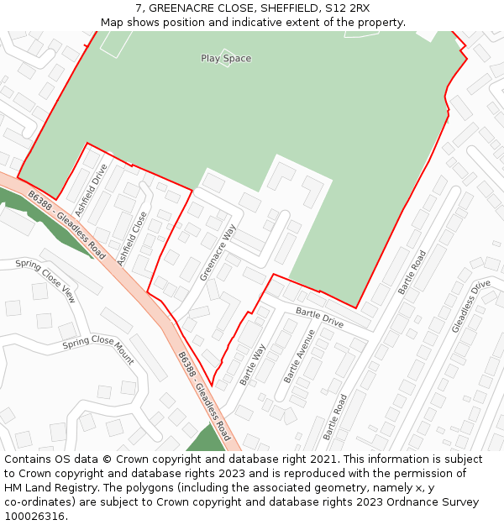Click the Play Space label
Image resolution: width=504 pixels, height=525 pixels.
tap(226, 59)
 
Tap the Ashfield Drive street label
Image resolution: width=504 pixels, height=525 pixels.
tap(91, 190)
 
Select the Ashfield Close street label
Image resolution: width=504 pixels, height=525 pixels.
tap(133, 239)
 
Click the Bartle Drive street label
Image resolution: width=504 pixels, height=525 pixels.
tap(319, 318)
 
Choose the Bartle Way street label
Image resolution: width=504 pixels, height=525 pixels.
tap(253, 365)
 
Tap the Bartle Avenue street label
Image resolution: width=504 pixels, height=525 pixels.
tap(300, 356)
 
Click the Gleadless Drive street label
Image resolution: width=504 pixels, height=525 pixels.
tap(470, 306)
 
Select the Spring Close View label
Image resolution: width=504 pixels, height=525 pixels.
tap(45, 281)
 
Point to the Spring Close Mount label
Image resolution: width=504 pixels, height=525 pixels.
tap(98, 350)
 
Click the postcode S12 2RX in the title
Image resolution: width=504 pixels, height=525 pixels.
tap(349, 8)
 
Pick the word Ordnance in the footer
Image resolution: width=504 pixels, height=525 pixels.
tap(409, 502)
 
